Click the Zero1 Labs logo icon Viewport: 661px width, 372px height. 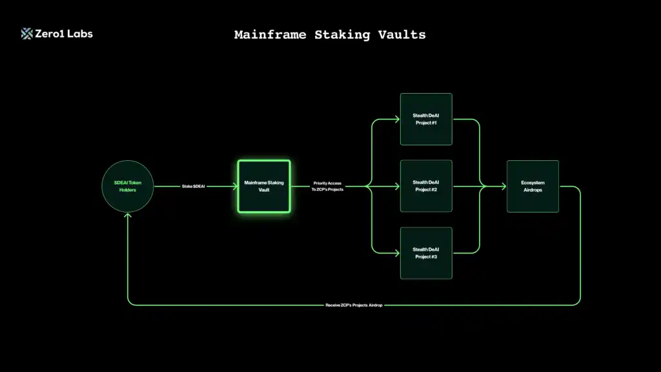pyautogui.click(x=27, y=34)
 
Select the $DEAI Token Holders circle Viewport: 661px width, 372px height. pyautogui.click(x=128, y=187)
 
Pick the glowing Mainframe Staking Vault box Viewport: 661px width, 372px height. pyautogui.click(x=264, y=187)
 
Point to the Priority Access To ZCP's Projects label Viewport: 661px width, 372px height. pyautogui.click(x=328, y=187)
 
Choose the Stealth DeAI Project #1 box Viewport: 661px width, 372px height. pyautogui.click(x=426, y=119)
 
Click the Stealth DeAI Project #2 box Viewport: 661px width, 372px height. pyautogui.click(x=426, y=187)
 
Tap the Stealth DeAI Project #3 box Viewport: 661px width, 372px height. pyautogui.click(x=426, y=253)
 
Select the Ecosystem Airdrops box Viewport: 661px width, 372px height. pyautogui.click(x=533, y=187)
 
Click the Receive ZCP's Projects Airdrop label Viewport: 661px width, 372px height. pyautogui.click(x=354, y=305)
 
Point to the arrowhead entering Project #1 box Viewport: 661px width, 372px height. pyautogui.click(x=397, y=119)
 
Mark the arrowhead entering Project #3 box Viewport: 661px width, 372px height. pyautogui.click(x=397, y=253)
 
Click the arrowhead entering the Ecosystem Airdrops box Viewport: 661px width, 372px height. pyautogui.click(x=503, y=187)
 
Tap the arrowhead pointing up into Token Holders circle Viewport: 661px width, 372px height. pyautogui.click(x=128, y=216)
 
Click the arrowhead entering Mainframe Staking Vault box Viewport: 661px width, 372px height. pyautogui.click(x=234, y=187)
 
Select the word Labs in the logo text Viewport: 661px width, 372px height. pyautogui.click(x=80, y=34)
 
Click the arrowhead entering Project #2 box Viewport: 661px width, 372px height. pyautogui.click(x=397, y=187)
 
